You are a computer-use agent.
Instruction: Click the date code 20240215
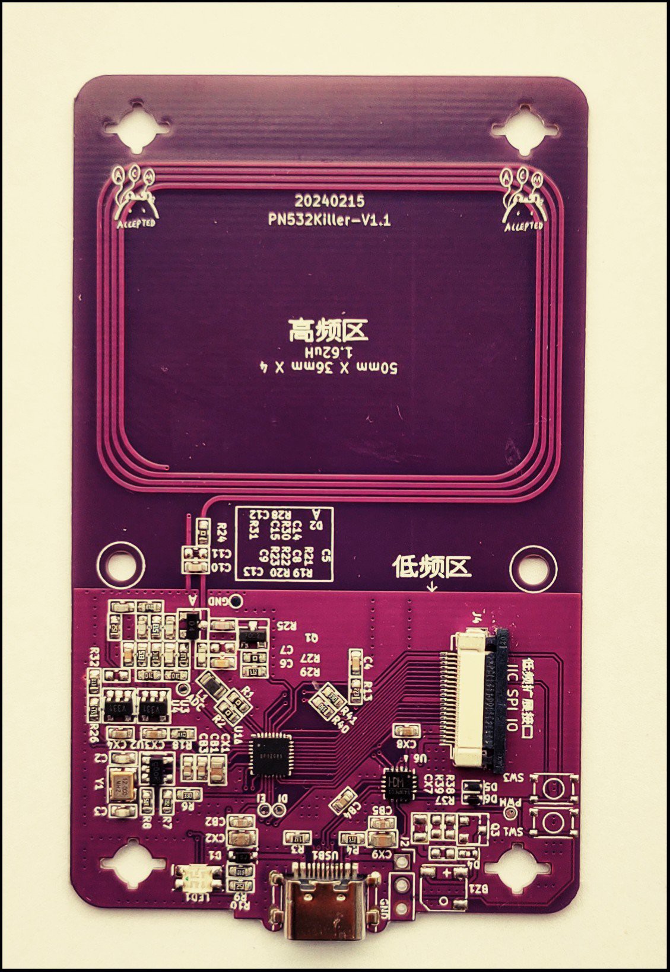click(329, 201)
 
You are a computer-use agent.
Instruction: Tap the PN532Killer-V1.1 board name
click(329, 220)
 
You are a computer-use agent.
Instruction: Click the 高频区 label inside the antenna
click(328, 330)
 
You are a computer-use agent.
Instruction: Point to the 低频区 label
click(431, 568)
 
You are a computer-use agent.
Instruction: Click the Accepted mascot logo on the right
click(523, 199)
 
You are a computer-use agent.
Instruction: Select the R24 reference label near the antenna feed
click(223, 529)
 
